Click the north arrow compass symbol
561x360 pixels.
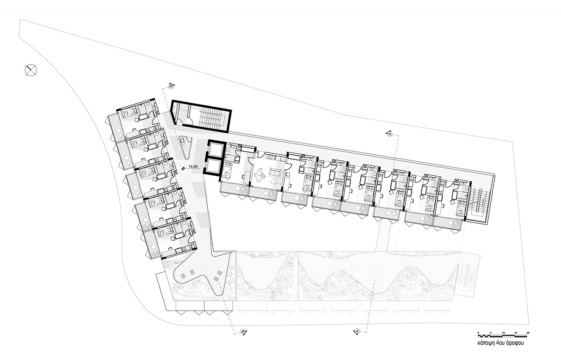(x=31, y=70)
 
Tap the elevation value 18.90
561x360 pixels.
(x=193, y=166)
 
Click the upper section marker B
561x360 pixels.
(x=171, y=86)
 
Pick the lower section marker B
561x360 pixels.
(x=243, y=332)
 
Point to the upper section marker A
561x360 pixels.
(x=389, y=134)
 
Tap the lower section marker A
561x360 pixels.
(x=357, y=331)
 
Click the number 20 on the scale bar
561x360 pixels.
(x=528, y=333)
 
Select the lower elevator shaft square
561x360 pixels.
(x=213, y=166)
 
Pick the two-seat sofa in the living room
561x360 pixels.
(x=274, y=172)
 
